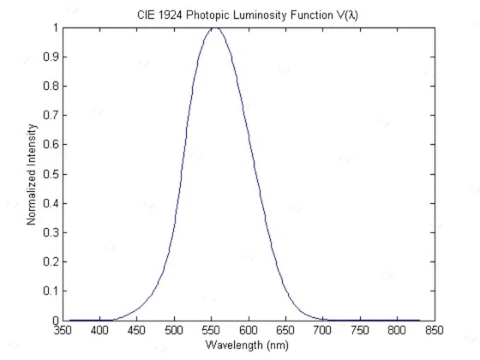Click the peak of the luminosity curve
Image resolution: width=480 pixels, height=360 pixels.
click(x=215, y=27)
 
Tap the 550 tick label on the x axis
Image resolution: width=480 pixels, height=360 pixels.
click(x=211, y=330)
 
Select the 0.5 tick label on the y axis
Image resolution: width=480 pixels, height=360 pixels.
click(x=51, y=174)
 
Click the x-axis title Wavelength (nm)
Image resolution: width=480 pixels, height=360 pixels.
click(x=247, y=345)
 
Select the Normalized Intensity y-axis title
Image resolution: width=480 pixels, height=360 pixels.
click(x=31, y=175)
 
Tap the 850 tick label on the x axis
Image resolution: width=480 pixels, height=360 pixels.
click(x=435, y=330)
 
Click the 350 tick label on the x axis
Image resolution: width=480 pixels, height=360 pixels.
click(x=63, y=330)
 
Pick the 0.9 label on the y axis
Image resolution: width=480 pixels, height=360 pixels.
click(x=51, y=57)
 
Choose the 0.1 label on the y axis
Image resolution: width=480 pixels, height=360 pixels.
click(x=51, y=291)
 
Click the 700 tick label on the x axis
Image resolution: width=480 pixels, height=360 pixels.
click(x=322, y=330)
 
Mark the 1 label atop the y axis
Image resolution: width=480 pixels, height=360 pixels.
click(x=56, y=27)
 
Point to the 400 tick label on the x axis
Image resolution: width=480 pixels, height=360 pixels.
click(x=99, y=330)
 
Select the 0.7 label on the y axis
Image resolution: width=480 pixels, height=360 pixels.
click(x=51, y=116)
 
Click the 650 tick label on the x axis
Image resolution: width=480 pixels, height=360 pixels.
click(x=285, y=330)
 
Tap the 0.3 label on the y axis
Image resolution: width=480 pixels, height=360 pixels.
click(x=51, y=232)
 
